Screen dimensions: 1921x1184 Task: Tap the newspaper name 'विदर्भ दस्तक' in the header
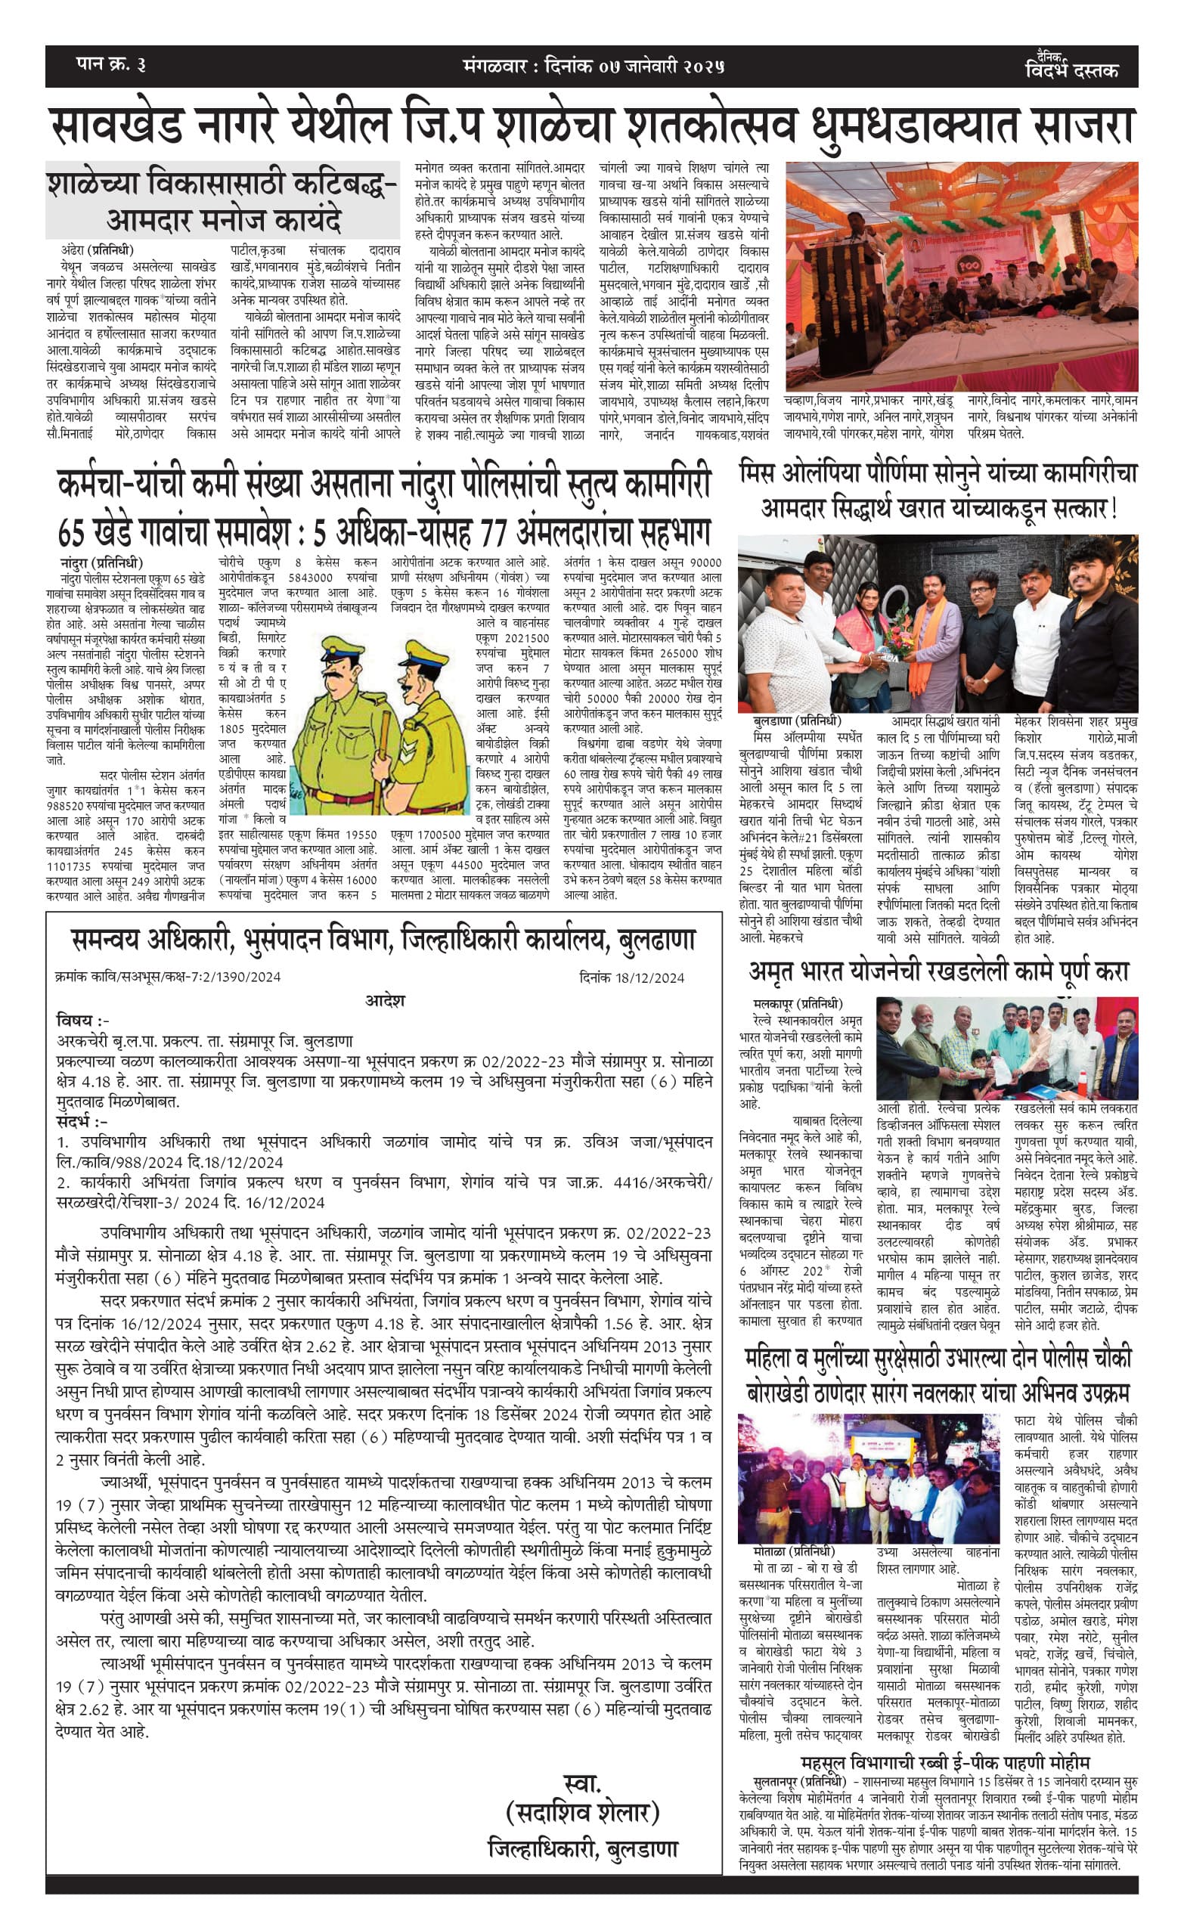point(1071,70)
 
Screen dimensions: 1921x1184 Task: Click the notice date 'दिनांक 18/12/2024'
point(632,978)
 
